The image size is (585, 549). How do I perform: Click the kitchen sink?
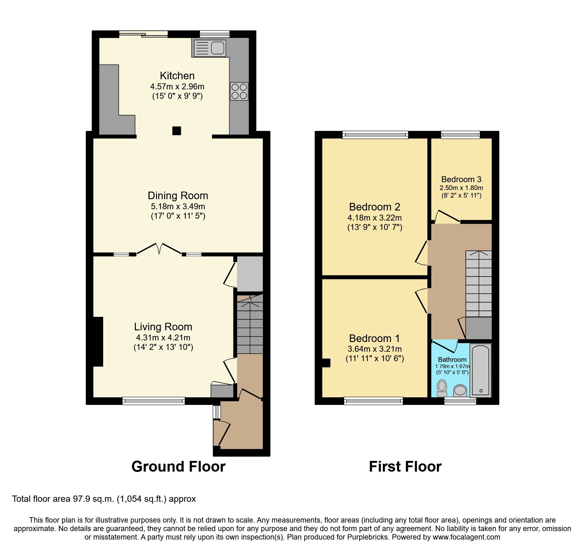[209, 48]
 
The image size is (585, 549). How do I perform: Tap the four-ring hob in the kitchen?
[239, 91]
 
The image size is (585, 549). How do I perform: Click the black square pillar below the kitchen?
[176, 131]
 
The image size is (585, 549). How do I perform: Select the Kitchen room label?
[177, 76]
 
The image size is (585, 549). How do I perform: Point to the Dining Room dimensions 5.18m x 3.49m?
[178, 207]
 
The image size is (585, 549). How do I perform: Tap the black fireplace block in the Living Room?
[98, 341]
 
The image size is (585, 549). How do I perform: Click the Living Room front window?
[153, 401]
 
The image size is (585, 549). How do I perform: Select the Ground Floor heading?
[178, 467]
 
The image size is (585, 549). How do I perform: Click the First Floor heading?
[405, 467]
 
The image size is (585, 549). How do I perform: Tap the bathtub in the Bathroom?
[481, 370]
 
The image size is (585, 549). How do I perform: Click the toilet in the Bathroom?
[442, 388]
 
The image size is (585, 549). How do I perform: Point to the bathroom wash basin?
[460, 391]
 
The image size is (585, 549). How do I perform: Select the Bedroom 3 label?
[461, 179]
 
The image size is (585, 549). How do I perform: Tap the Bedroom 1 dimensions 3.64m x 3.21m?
[374, 349]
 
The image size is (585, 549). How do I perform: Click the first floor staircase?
[478, 283]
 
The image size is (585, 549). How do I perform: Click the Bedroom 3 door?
[447, 217]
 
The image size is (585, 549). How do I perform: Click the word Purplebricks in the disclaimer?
[367, 537]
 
